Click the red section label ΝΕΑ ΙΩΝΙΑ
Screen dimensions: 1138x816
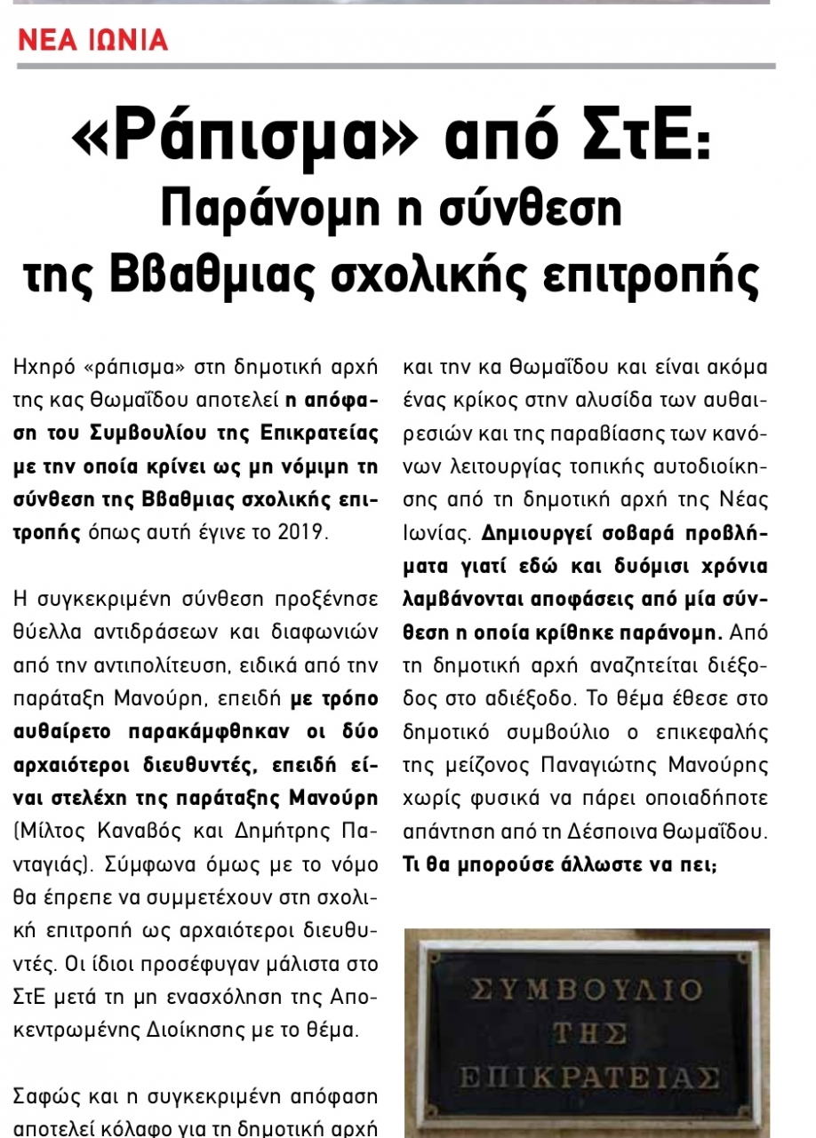pos(93,40)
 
